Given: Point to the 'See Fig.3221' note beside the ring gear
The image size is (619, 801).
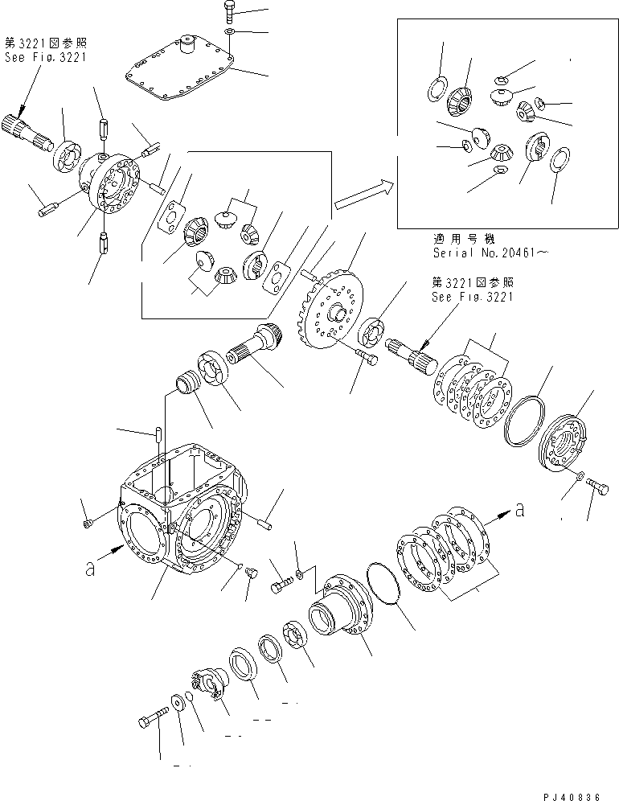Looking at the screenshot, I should click(x=472, y=296).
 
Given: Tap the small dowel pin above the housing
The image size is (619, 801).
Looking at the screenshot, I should click(x=158, y=434).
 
